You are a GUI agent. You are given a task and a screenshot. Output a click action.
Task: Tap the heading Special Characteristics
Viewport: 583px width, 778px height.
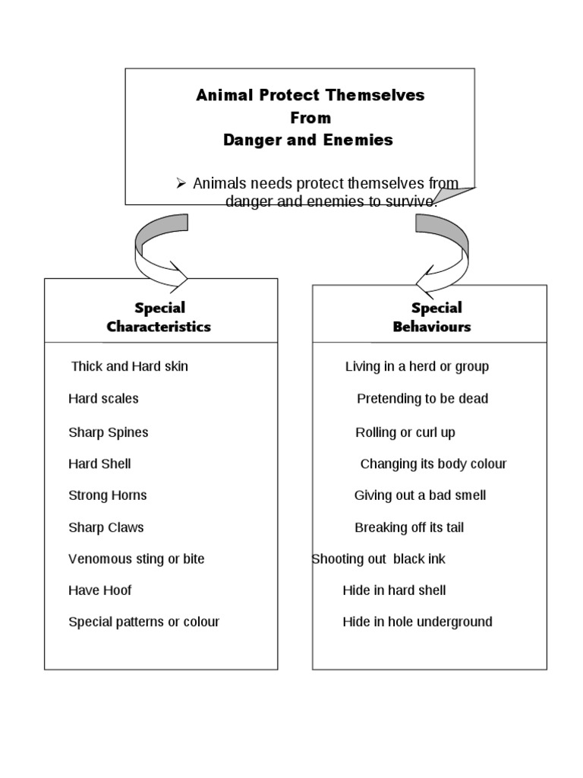[x=159, y=318]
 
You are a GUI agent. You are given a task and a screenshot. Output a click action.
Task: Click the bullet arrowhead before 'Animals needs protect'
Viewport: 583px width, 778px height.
[x=181, y=183]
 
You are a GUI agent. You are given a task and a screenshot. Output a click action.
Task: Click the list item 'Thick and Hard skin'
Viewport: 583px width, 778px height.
[x=129, y=366]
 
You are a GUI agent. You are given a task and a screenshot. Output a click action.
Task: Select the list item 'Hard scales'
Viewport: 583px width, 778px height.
[x=103, y=399]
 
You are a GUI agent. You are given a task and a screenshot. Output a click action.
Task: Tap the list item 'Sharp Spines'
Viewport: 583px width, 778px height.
[x=108, y=432]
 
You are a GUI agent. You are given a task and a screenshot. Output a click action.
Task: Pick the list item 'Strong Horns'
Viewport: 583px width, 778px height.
[x=107, y=495]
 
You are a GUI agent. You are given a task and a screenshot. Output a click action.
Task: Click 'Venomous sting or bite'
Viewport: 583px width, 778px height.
[x=136, y=559]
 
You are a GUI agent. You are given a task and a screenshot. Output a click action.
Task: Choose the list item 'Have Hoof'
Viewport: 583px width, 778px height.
[x=99, y=590]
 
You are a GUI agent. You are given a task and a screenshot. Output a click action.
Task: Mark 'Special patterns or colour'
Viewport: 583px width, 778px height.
[x=143, y=622]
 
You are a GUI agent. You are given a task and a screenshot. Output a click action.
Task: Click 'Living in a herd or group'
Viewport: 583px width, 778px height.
[x=417, y=367]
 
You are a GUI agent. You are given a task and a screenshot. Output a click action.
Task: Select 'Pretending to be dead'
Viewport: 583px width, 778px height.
[x=422, y=399]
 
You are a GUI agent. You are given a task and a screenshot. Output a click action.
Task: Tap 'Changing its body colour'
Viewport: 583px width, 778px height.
[x=433, y=464]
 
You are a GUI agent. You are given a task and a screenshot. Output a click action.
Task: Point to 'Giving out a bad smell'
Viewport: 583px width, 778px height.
[x=420, y=495]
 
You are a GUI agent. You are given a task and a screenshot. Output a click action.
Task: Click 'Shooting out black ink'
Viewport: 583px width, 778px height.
[x=378, y=559]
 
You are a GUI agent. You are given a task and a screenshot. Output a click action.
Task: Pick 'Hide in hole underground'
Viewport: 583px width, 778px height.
[x=417, y=622]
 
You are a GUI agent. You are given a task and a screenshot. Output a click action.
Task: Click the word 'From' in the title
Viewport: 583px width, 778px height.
[x=310, y=118]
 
